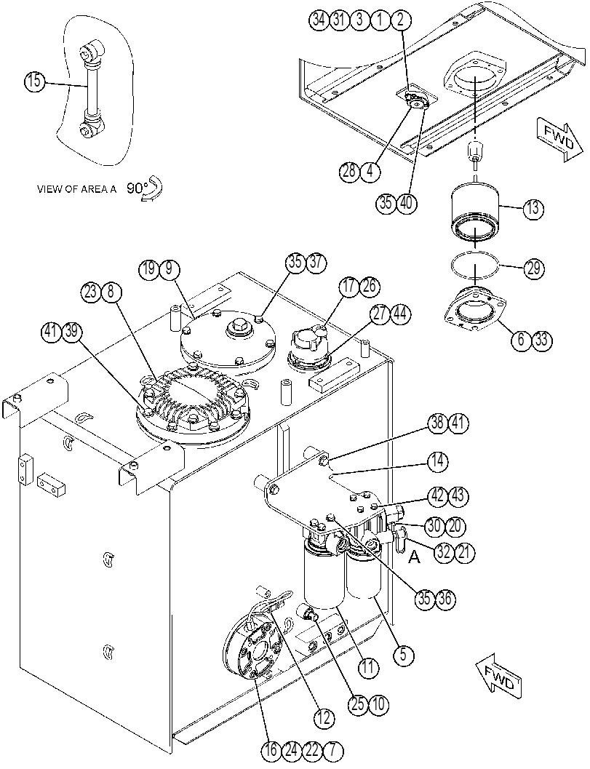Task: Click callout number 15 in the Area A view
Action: (34, 81)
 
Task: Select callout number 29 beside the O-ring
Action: (533, 268)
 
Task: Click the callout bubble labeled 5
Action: (403, 656)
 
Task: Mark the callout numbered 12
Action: (324, 719)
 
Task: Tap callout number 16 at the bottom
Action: (271, 750)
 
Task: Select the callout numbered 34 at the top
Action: (319, 20)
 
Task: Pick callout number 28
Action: (350, 172)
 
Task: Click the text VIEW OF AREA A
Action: (77, 189)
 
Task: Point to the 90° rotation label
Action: (137, 188)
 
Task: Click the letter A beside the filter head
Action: (415, 557)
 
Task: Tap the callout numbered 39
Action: (71, 332)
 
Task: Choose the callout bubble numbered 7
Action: (333, 750)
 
